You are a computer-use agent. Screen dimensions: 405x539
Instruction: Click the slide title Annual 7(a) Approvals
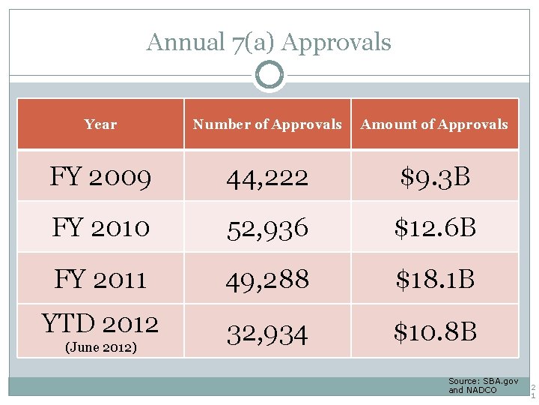tap(269, 42)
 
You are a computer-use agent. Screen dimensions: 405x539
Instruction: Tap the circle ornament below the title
tap(269, 75)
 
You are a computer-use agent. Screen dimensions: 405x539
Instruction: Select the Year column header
tap(100, 124)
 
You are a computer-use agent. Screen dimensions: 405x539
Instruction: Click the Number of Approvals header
tap(267, 124)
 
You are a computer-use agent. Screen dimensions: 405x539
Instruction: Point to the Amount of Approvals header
tap(434, 124)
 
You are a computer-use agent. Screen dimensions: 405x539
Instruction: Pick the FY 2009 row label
tap(100, 177)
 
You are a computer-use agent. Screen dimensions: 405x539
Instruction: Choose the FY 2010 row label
tap(100, 227)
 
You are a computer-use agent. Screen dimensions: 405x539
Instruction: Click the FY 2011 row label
tap(100, 279)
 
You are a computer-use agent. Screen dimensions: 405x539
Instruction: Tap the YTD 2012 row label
tap(100, 324)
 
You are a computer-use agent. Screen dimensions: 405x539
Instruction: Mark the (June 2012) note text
tap(100, 346)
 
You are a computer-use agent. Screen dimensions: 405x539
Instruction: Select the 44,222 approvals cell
tap(267, 178)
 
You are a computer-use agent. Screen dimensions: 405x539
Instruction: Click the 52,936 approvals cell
tap(267, 228)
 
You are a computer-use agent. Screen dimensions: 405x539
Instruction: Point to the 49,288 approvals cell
tap(267, 280)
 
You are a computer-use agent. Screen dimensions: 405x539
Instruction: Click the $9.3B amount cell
tap(435, 177)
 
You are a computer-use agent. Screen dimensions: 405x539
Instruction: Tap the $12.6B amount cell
tap(435, 228)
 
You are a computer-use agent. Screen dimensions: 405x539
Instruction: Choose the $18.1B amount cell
tap(435, 280)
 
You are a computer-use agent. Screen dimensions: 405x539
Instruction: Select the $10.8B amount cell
tap(435, 331)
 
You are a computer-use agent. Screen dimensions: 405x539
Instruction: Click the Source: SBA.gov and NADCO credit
tap(483, 386)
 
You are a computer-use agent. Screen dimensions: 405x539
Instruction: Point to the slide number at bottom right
tap(533, 391)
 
